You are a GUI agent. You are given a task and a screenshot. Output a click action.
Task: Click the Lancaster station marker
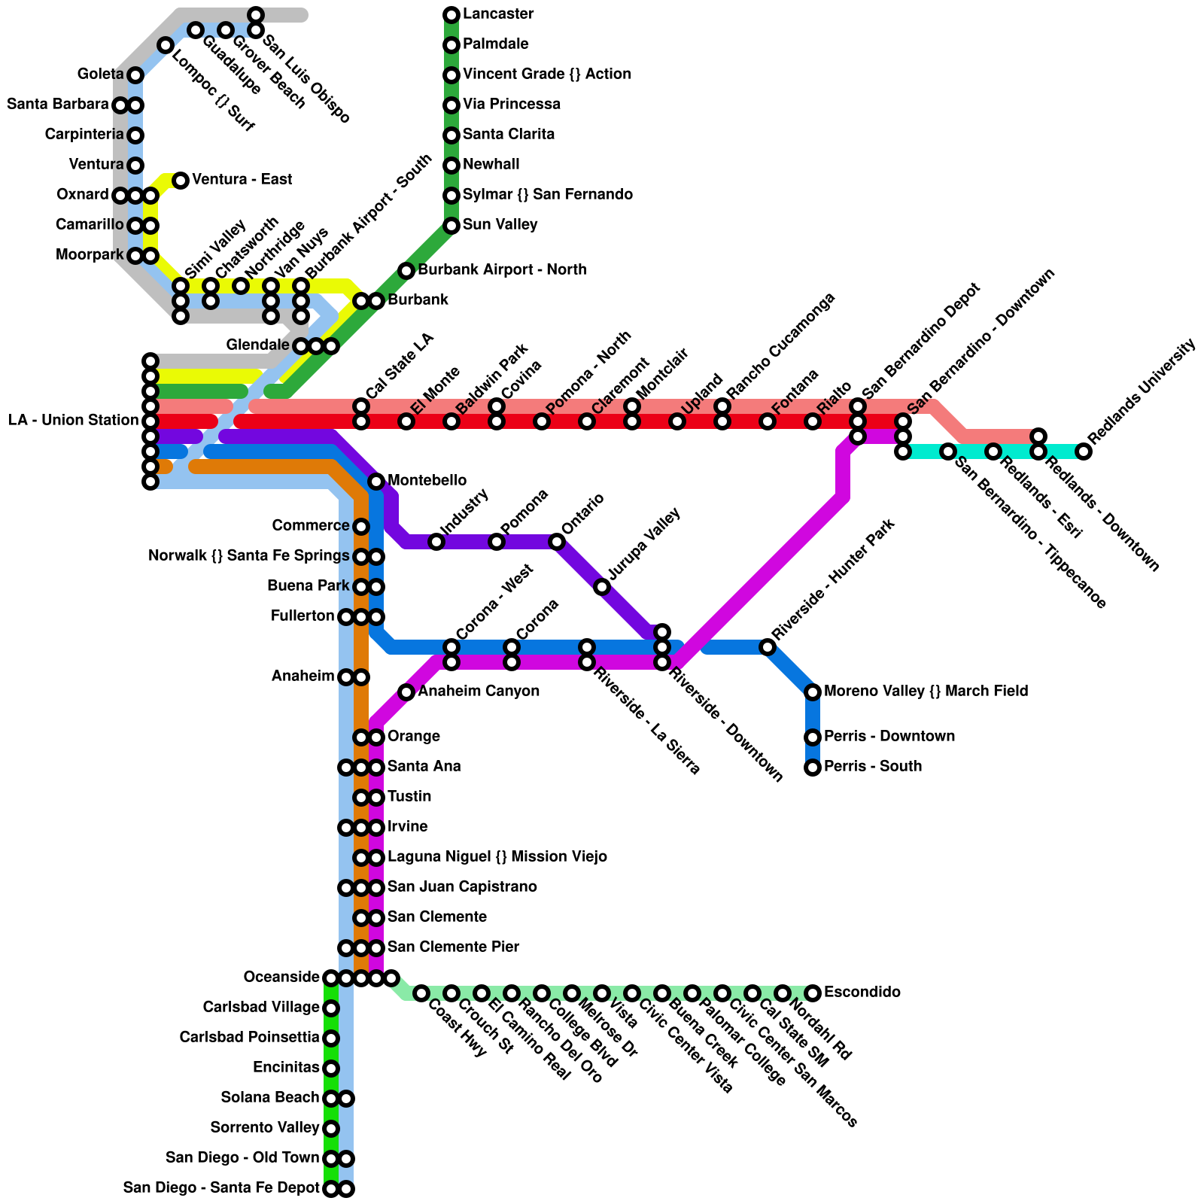[451, 14]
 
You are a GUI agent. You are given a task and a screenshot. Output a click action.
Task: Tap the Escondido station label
[862, 993]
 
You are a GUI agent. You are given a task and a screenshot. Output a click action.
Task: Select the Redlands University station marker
[1084, 451]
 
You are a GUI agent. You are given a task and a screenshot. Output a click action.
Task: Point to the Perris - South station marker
[813, 768]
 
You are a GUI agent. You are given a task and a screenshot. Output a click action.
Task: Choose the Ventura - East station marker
[181, 180]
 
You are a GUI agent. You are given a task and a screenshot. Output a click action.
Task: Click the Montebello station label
[427, 481]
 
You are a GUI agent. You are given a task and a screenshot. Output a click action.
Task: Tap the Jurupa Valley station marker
[602, 587]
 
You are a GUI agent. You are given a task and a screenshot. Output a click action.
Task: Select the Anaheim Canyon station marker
[406, 692]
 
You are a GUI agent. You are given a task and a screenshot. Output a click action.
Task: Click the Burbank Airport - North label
[502, 270]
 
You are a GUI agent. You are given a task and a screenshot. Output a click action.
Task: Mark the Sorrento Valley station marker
[331, 1129]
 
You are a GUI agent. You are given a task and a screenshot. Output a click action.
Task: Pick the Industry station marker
[436, 542]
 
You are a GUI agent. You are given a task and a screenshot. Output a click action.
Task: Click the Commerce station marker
[361, 527]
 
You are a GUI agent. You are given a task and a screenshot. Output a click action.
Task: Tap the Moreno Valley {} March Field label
[926, 692]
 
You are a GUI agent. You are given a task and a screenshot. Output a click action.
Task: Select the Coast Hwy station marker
[421, 993]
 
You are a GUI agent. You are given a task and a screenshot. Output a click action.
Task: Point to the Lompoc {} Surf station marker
[166, 46]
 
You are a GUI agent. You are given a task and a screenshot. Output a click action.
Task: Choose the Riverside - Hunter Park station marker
[768, 647]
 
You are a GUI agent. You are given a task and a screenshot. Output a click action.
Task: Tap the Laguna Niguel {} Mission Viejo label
[497, 857]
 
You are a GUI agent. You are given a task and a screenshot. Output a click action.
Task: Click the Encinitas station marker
[331, 1069]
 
